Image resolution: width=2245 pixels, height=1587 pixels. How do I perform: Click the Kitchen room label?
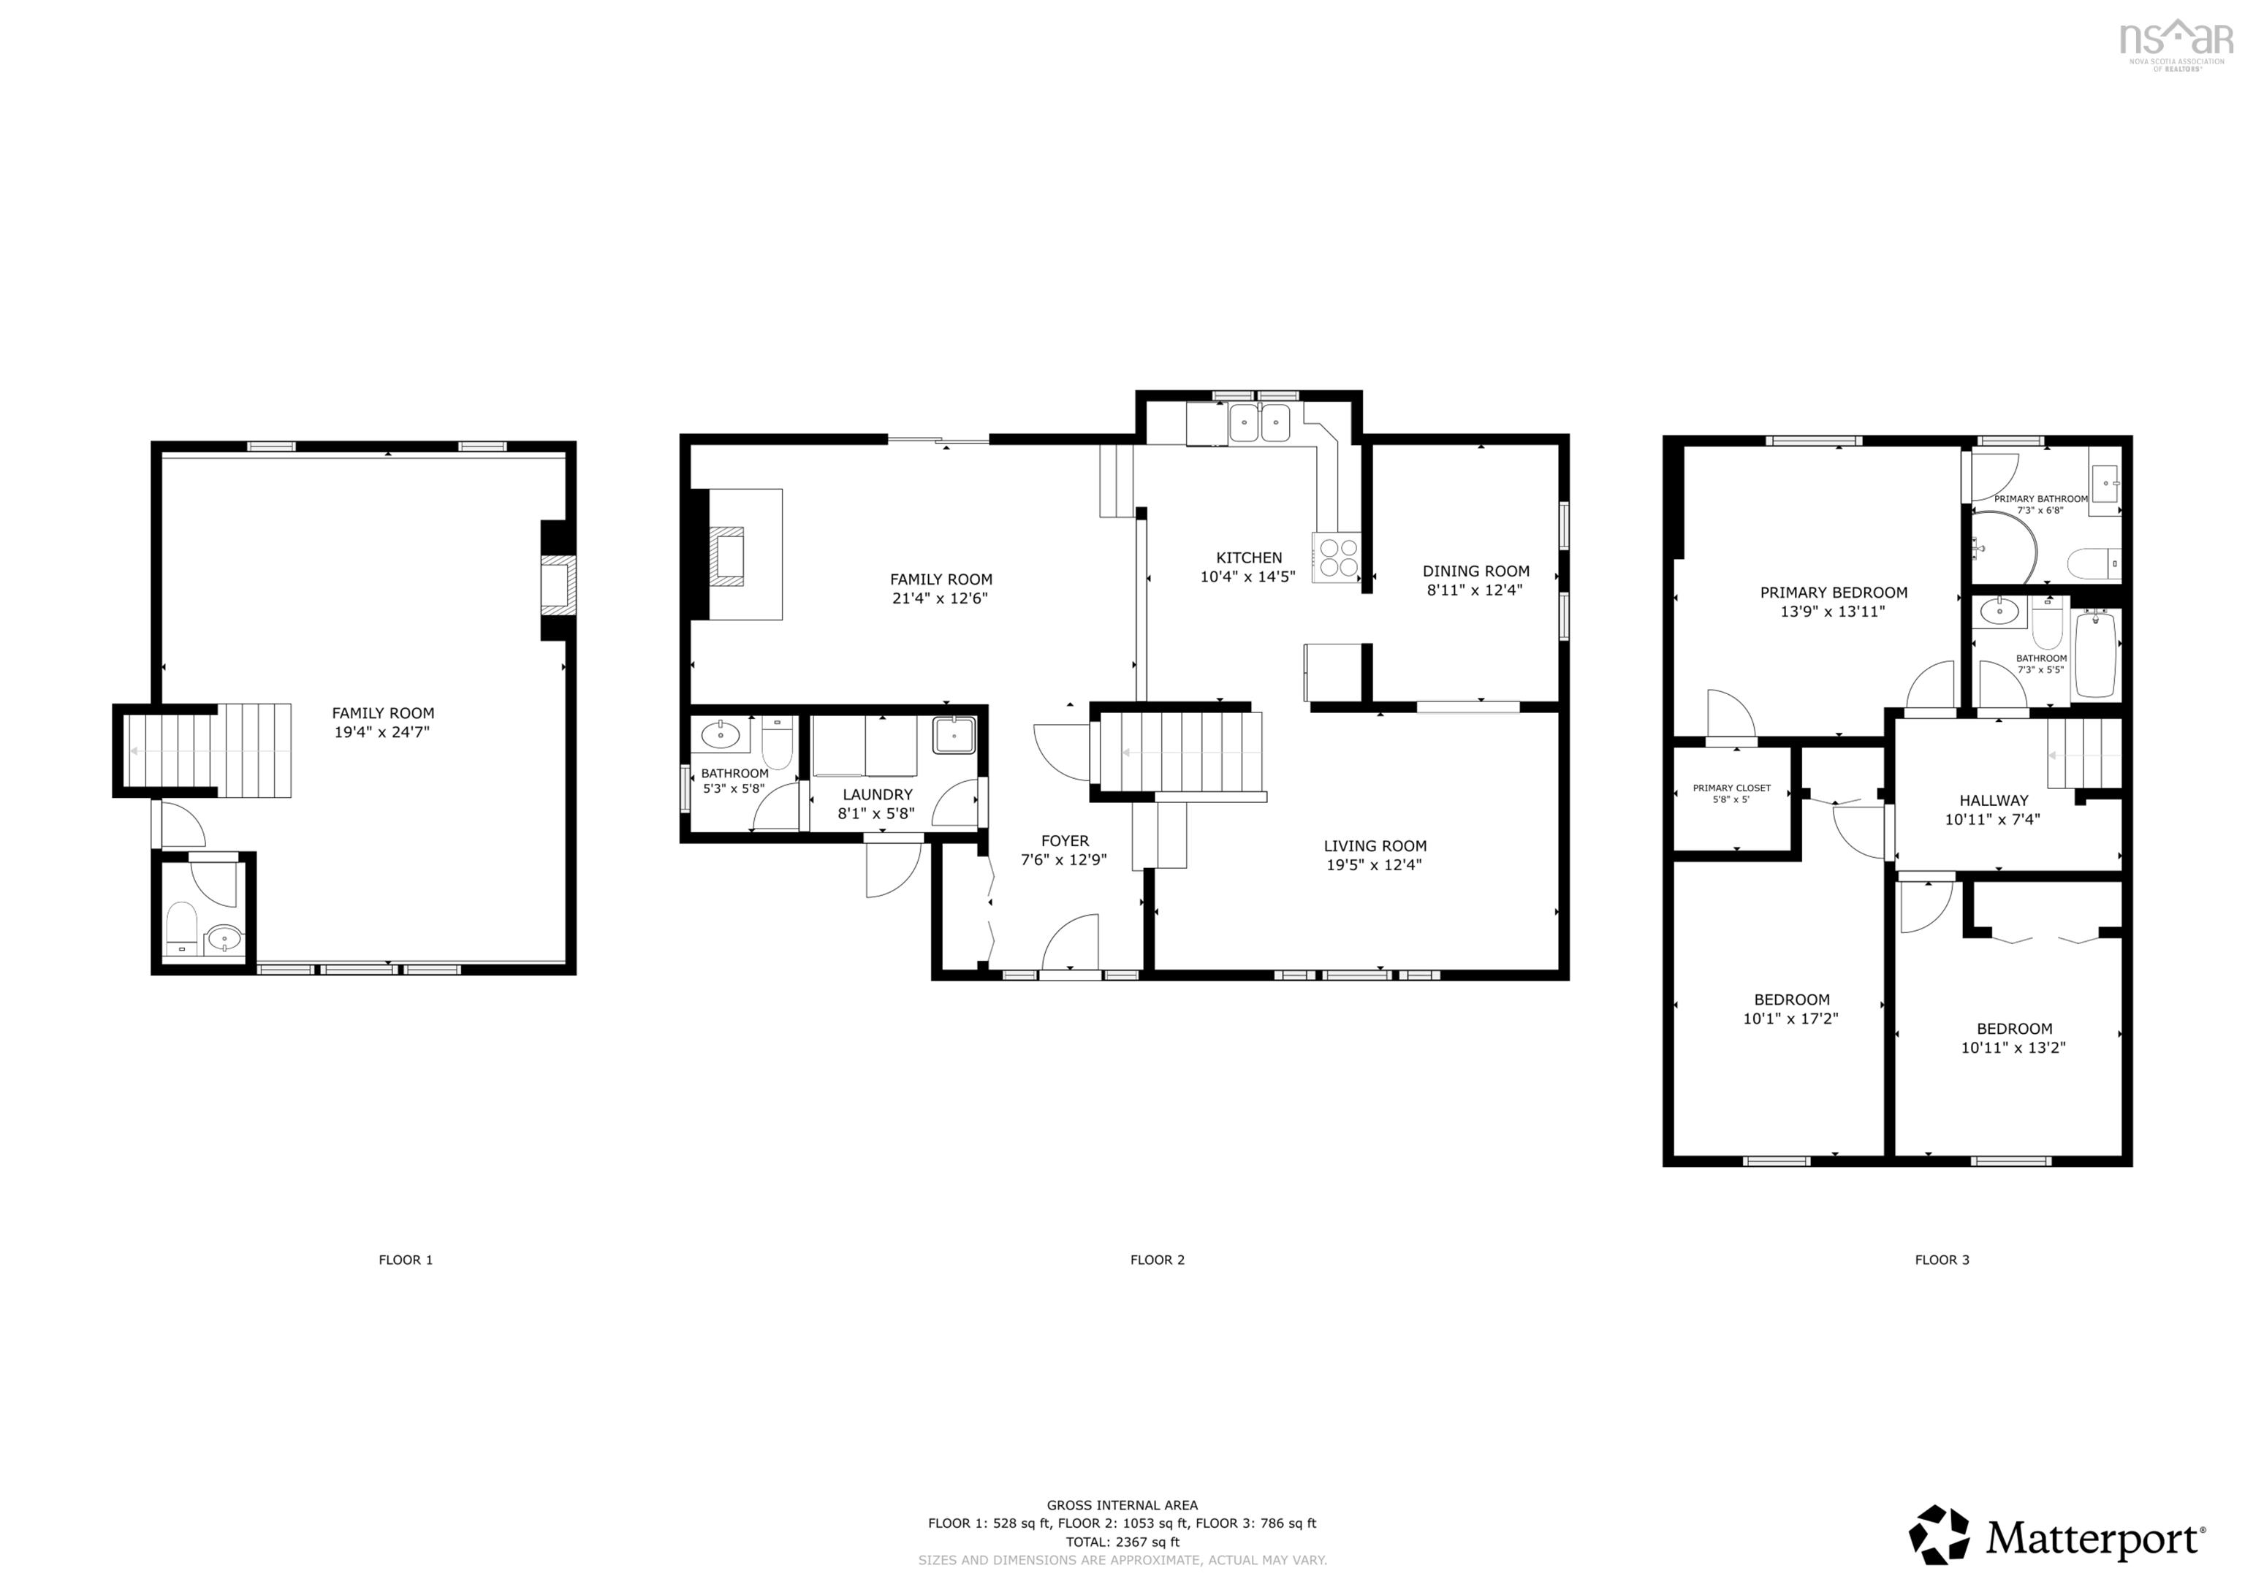[x=1249, y=557]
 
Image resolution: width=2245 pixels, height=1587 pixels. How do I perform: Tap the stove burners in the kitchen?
[x=1337, y=558]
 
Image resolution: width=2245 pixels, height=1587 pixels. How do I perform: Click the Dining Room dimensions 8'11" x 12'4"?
[x=1475, y=590]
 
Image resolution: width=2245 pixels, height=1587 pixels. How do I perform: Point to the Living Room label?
[x=1375, y=846]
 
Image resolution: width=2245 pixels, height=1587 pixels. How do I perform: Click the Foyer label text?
[x=1065, y=841]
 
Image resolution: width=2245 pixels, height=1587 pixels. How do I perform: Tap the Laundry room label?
[x=877, y=795]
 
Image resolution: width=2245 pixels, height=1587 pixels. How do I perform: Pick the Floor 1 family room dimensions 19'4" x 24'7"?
[x=382, y=731]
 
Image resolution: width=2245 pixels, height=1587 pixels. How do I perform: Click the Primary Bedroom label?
[x=1834, y=593]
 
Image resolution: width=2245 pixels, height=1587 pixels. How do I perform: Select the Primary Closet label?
[x=1732, y=788]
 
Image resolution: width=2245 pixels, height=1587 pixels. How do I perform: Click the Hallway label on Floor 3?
[x=1994, y=800]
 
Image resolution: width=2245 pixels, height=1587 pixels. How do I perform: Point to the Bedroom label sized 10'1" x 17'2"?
[x=1791, y=1000]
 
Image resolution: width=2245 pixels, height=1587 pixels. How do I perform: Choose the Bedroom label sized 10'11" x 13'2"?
[x=2014, y=1029]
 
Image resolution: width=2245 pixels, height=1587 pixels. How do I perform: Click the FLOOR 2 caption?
[x=1157, y=1260]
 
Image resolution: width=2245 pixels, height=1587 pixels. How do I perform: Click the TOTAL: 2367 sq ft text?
[x=1122, y=1542]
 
